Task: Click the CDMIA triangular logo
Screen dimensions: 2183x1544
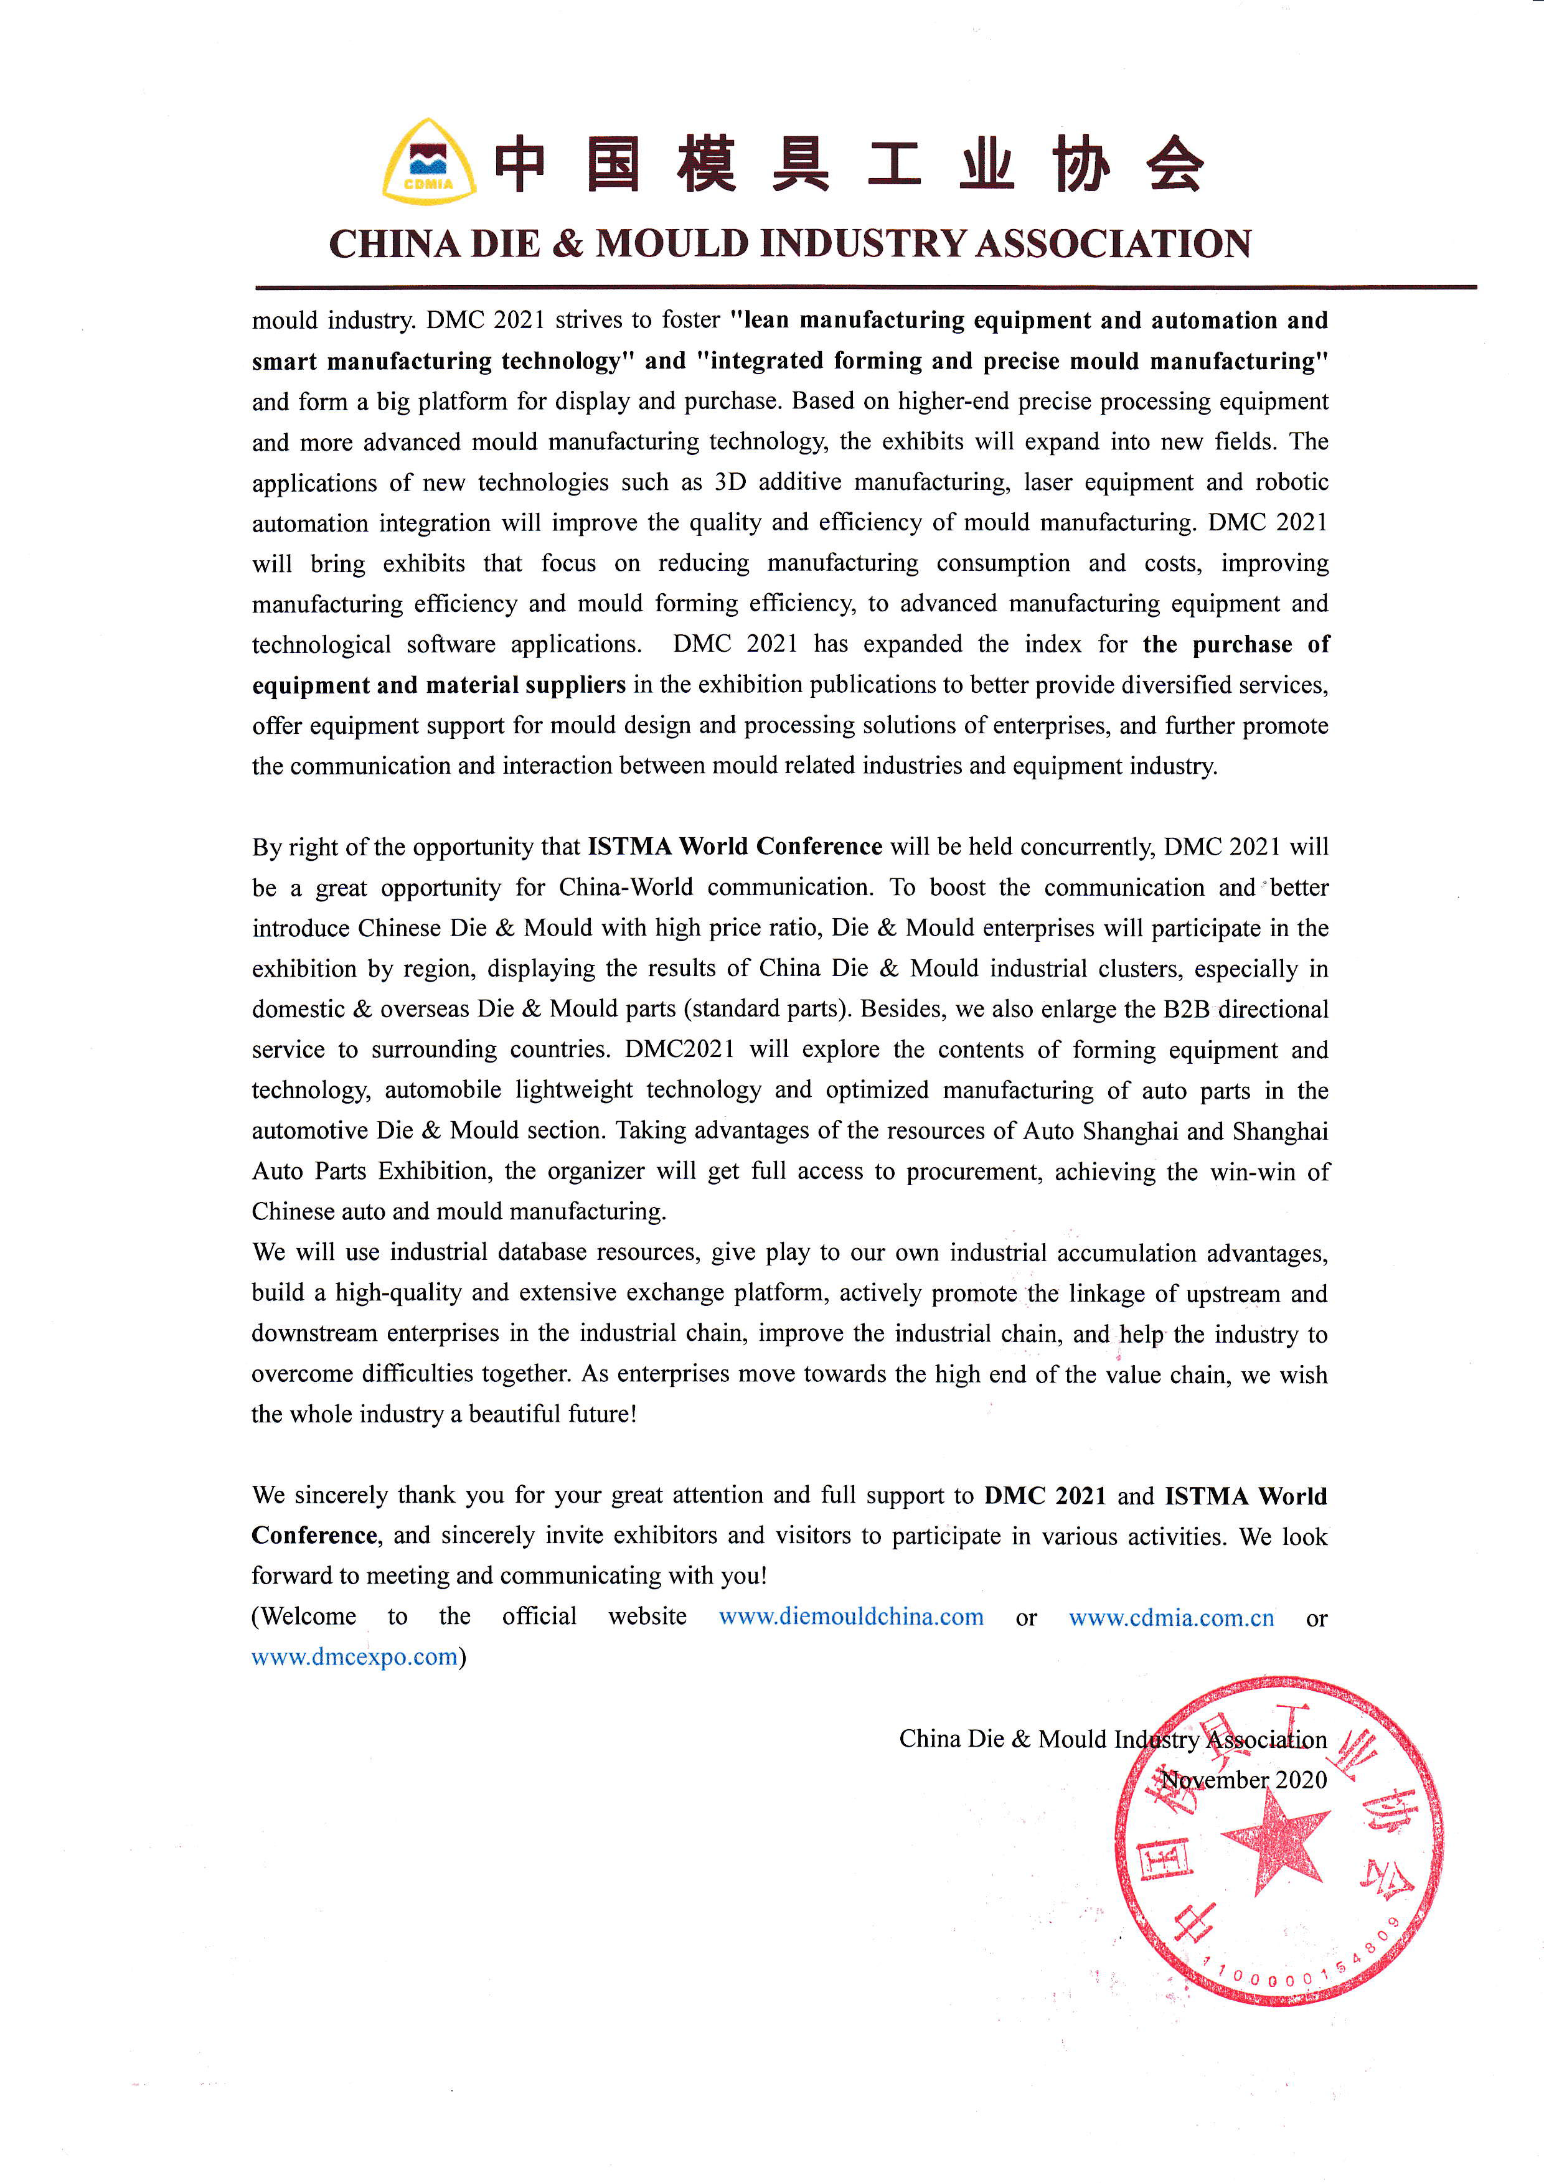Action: (x=429, y=162)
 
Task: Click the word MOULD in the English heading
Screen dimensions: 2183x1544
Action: (x=671, y=245)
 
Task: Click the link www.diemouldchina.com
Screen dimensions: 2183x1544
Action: (x=851, y=1617)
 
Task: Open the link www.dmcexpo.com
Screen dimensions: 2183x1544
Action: (x=355, y=1657)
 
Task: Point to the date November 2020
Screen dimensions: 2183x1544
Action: (x=1243, y=1780)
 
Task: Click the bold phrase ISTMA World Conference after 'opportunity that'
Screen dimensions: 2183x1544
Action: (x=735, y=846)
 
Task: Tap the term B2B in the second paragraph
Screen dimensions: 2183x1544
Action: (x=1187, y=1009)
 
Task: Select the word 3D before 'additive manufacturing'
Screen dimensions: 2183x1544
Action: (x=730, y=482)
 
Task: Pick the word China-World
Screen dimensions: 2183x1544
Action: (x=626, y=887)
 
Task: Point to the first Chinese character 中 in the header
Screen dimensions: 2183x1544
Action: (x=520, y=164)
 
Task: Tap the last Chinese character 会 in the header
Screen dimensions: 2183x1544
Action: (x=1175, y=164)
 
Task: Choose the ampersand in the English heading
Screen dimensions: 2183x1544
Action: (x=568, y=245)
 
